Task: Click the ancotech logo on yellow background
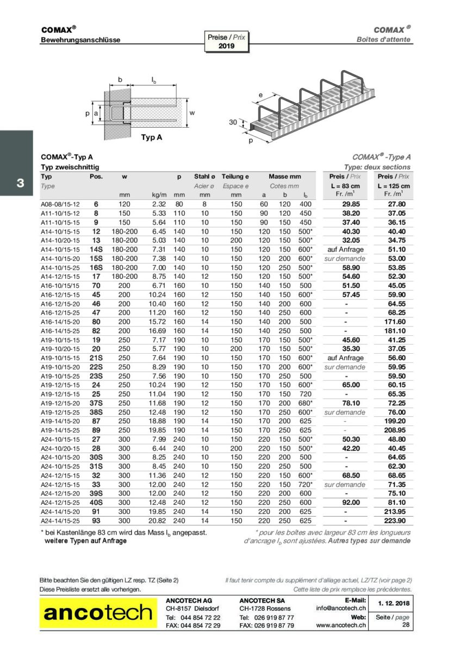(x=98, y=613)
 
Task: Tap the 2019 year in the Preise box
(x=226, y=46)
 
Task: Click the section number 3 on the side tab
(x=20, y=183)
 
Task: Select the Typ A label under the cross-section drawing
(x=151, y=137)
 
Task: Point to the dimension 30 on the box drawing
(x=233, y=122)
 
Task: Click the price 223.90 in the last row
(x=394, y=520)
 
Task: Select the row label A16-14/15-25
(x=60, y=330)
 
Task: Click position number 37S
(x=96, y=403)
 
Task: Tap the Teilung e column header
(x=235, y=177)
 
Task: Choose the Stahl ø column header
(x=204, y=177)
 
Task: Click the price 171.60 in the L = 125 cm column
(x=394, y=322)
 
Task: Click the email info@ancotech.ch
(x=341, y=608)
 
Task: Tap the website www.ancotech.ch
(x=341, y=625)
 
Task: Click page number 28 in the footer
(x=406, y=625)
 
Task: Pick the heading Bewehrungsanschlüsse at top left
(x=80, y=40)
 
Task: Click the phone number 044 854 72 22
(x=201, y=617)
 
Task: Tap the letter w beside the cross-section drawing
(x=191, y=112)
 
